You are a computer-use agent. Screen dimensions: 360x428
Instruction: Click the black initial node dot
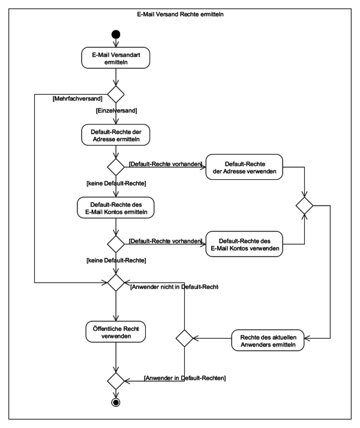(x=116, y=34)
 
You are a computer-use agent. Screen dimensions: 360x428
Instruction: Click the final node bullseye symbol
(x=116, y=402)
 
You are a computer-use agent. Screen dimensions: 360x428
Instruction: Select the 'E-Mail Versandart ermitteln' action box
(x=116, y=58)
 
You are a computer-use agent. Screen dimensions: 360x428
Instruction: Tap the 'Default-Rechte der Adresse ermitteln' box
(x=116, y=135)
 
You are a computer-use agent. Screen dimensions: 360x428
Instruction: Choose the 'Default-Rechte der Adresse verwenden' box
(x=244, y=167)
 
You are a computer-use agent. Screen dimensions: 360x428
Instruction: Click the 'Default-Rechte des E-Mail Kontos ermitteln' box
(x=116, y=208)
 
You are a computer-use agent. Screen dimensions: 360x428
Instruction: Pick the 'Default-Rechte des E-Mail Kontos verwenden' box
(x=244, y=244)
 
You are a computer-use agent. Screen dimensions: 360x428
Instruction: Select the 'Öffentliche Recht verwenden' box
(x=116, y=332)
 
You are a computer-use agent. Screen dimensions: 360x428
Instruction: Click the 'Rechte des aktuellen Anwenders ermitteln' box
(x=268, y=340)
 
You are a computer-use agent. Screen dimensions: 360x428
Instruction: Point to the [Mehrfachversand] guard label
(x=77, y=98)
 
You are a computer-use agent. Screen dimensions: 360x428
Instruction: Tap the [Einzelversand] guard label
(x=116, y=110)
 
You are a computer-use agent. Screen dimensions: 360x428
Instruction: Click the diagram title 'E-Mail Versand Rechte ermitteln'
(x=180, y=14)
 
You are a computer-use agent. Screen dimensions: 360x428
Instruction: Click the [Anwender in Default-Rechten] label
(x=185, y=378)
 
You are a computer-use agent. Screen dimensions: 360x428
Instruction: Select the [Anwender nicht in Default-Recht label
(x=174, y=287)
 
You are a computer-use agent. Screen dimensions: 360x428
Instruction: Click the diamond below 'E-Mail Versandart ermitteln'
(x=116, y=94)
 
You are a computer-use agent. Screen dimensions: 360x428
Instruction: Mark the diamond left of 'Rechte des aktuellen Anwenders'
(x=184, y=338)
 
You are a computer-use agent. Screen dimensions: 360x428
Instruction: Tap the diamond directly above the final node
(x=116, y=381)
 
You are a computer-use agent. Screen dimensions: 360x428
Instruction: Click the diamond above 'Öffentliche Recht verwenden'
(x=116, y=282)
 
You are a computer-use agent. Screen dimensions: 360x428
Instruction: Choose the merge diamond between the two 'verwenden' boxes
(x=304, y=206)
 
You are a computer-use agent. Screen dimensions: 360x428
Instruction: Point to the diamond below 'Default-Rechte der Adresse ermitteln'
(x=116, y=167)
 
